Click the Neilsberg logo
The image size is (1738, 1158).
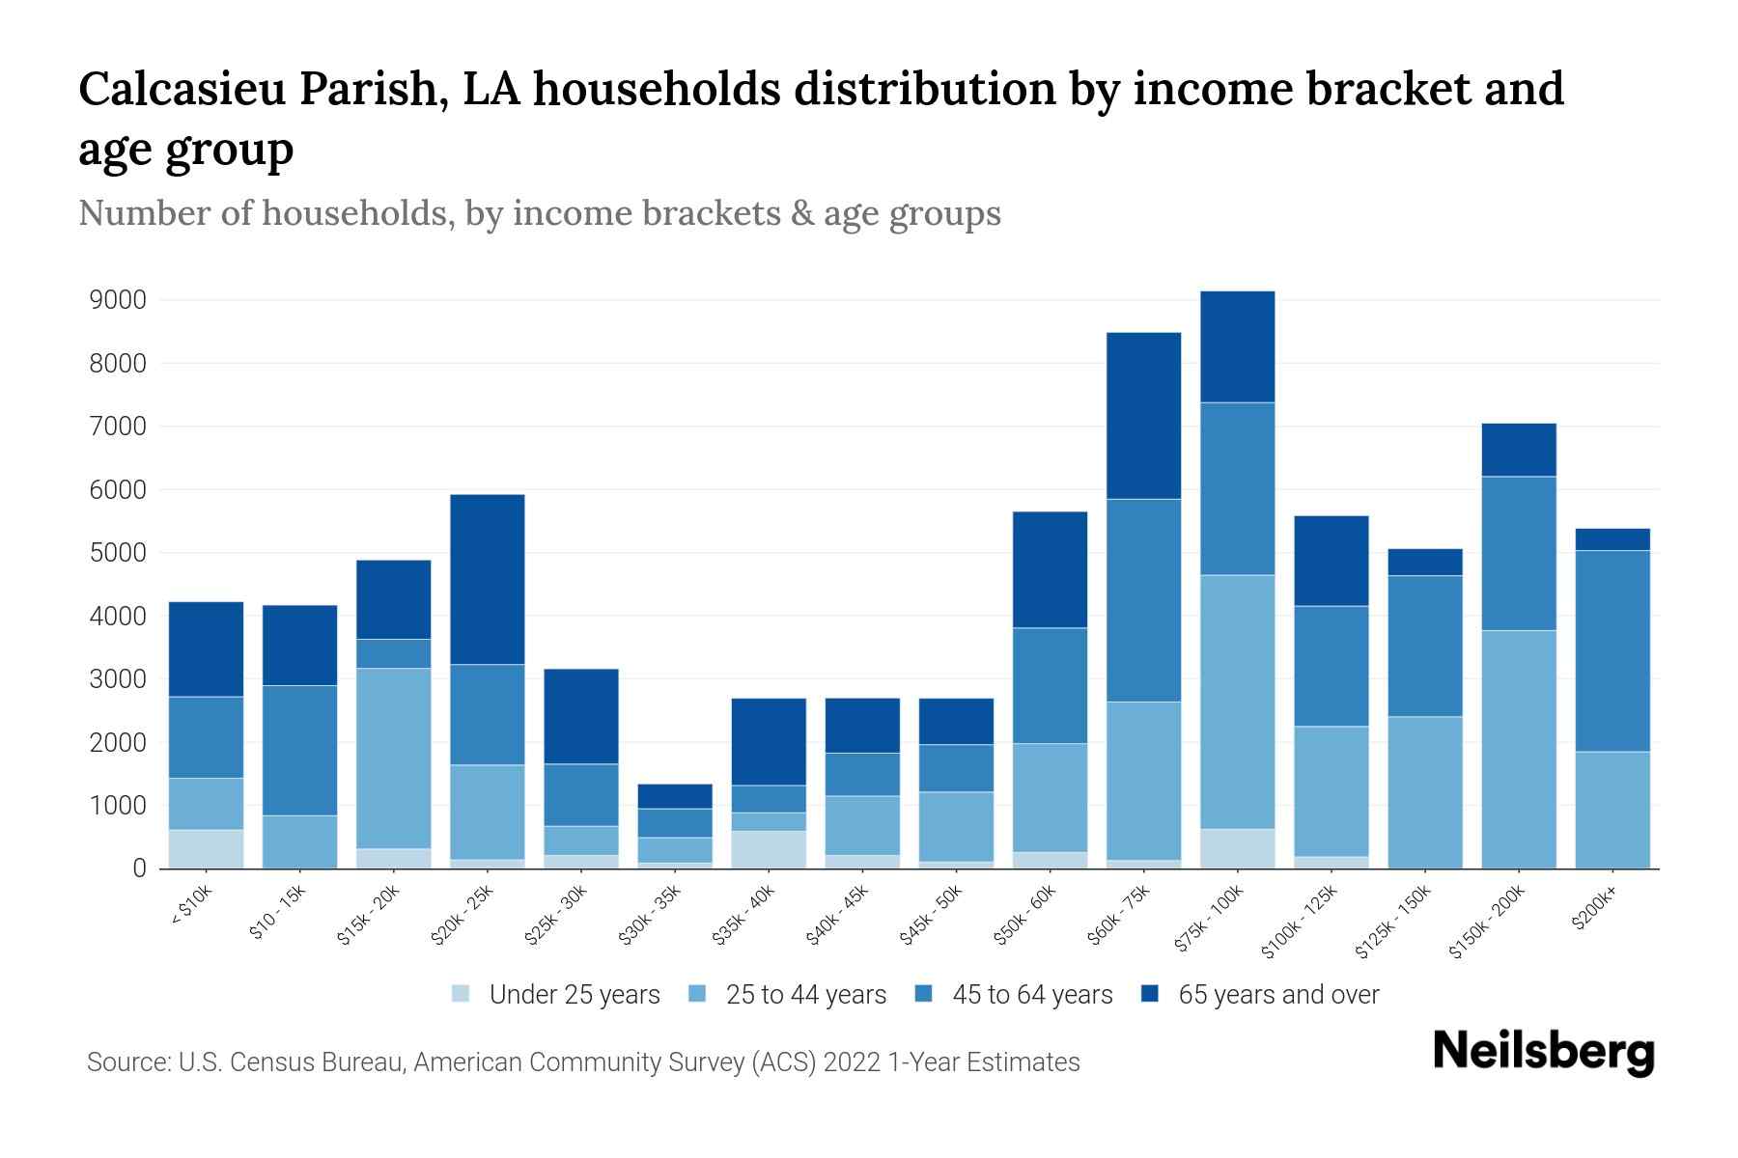pos(1543,1051)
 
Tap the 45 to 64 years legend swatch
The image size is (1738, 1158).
pos(924,994)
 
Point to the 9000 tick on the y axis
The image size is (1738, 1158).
pos(118,300)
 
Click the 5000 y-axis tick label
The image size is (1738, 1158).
pos(118,553)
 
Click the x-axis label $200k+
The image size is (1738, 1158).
pos(1593,911)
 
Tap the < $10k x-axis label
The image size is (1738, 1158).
pos(191,908)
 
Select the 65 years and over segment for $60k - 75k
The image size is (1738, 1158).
pos(1144,415)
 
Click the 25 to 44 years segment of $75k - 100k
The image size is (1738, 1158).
pos(1238,702)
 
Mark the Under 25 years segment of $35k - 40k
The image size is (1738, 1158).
pos(769,849)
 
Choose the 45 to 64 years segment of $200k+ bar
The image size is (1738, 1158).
pos(1612,650)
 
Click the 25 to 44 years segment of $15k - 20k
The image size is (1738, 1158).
pos(394,758)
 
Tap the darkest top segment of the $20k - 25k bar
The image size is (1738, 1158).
pos(488,579)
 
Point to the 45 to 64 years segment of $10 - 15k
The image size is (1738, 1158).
pos(300,750)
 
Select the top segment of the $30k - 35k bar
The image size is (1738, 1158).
pos(675,796)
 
